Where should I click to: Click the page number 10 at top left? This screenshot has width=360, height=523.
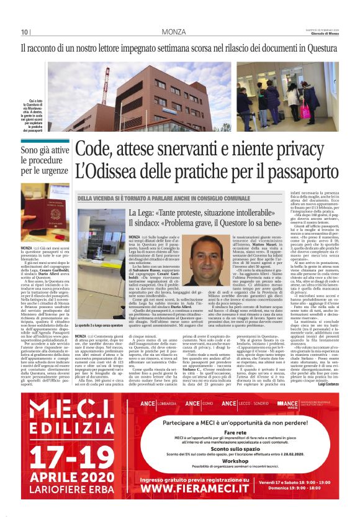click(x=24, y=32)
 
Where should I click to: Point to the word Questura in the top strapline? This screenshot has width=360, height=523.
click(x=322, y=47)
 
